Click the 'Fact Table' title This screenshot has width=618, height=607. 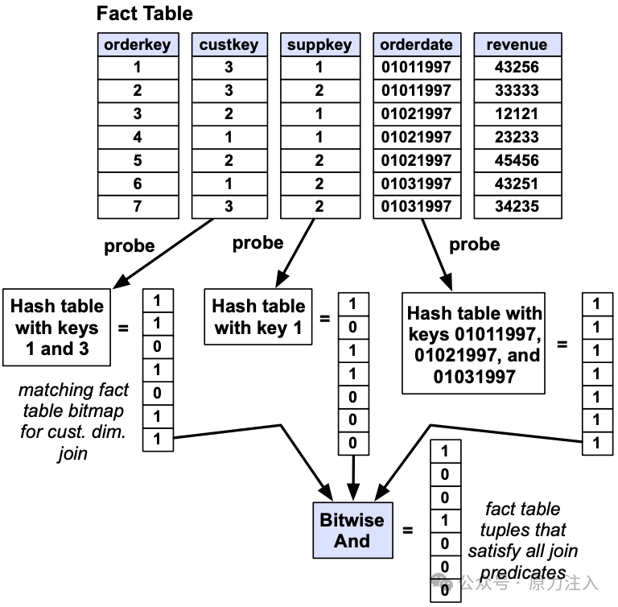pyautogui.click(x=145, y=14)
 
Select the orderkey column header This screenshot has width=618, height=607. pyautogui.click(x=138, y=44)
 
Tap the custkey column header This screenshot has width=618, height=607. pyautogui.click(x=229, y=44)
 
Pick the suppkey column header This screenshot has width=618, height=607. pyautogui.click(x=320, y=44)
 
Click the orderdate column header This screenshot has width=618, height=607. pyautogui.click(x=417, y=44)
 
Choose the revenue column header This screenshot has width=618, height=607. pyautogui.click(x=517, y=44)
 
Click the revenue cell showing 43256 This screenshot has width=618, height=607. pyautogui.click(x=517, y=68)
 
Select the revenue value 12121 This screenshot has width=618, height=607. pyautogui.click(x=517, y=114)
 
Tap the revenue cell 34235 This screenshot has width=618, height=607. pyautogui.click(x=517, y=207)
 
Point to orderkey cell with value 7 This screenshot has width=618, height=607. pyautogui.click(x=138, y=207)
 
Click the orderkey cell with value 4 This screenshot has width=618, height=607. pyautogui.click(x=138, y=137)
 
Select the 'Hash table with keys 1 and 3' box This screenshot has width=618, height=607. pyautogui.click(x=57, y=328)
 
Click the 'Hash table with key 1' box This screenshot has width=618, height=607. pyautogui.click(x=258, y=316)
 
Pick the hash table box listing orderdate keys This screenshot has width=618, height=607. pyautogui.click(x=473, y=343)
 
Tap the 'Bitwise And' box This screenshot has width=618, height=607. pyautogui.click(x=352, y=530)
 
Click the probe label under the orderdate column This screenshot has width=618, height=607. pyautogui.click(x=475, y=245)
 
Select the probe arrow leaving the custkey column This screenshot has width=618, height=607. pyautogui.click(x=163, y=254)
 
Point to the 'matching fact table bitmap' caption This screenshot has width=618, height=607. pyautogui.click(x=73, y=421)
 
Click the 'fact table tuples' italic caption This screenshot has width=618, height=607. pyautogui.click(x=522, y=540)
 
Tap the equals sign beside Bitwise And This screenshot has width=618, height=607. pyautogui.click(x=407, y=530)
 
